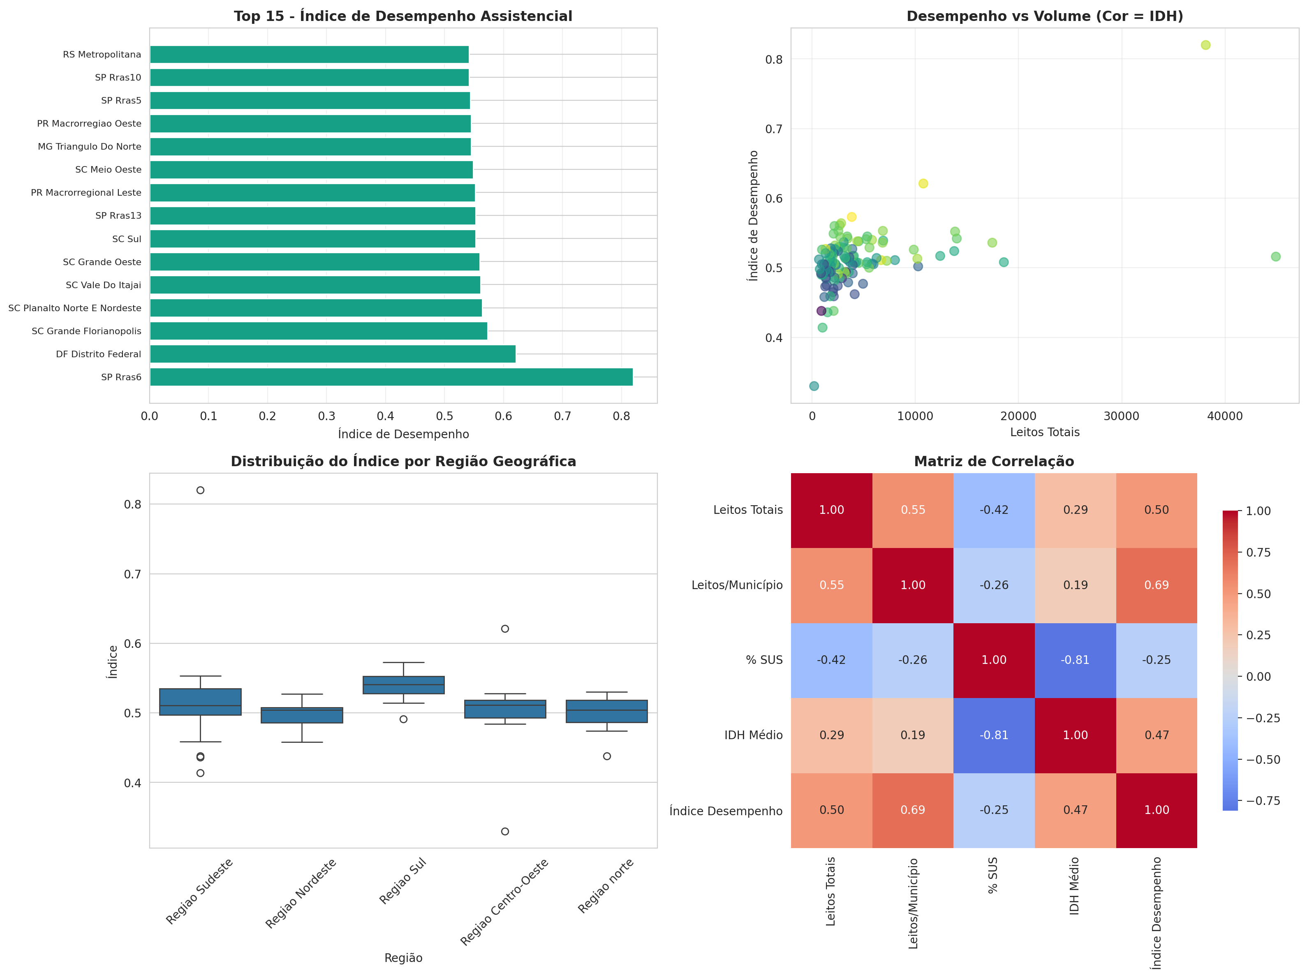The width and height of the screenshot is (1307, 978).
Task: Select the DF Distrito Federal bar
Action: coord(332,354)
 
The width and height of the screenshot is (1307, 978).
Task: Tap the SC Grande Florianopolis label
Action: coord(86,331)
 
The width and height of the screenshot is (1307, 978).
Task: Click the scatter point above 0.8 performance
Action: coord(1205,45)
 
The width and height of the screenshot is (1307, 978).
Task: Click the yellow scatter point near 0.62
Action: coord(923,184)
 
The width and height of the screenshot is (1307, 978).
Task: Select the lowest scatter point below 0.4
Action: coord(814,386)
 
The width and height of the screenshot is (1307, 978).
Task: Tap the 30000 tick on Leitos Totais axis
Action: coord(1121,416)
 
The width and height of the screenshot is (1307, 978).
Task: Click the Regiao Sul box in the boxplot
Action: coord(404,685)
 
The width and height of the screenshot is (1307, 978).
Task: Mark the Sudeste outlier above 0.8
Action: coord(200,490)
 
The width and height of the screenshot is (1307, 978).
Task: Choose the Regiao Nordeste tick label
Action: coord(301,893)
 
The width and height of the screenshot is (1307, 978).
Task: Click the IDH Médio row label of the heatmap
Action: coord(753,735)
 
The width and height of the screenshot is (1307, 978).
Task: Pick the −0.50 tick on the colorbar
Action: coord(1263,759)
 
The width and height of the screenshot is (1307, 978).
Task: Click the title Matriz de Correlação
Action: coord(994,462)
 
